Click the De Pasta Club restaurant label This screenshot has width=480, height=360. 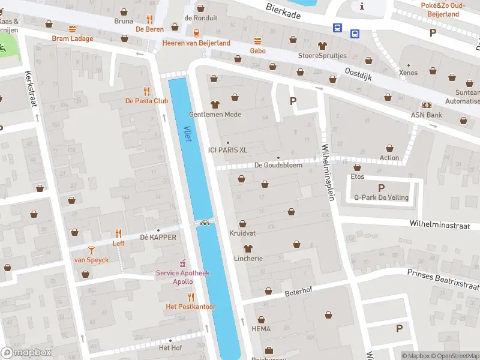point(146,101)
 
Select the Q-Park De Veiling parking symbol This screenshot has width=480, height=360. point(381,188)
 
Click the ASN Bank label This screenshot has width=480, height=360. point(426,115)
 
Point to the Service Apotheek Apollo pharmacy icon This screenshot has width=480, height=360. point(183,263)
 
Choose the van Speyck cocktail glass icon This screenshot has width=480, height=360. point(91,250)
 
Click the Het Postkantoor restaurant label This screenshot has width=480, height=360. point(191,307)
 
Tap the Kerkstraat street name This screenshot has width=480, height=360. point(31,89)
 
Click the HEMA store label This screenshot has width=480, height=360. point(262,329)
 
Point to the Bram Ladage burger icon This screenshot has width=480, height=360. point(73,29)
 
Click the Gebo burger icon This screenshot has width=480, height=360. point(258,41)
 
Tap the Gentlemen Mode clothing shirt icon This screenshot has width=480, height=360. point(215,104)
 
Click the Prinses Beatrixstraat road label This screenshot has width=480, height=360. point(443,277)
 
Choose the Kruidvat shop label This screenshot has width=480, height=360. point(242,233)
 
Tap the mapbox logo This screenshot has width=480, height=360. point(26,353)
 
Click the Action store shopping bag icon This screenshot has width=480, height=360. point(389,148)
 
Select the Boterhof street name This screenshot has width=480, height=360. point(282,293)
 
